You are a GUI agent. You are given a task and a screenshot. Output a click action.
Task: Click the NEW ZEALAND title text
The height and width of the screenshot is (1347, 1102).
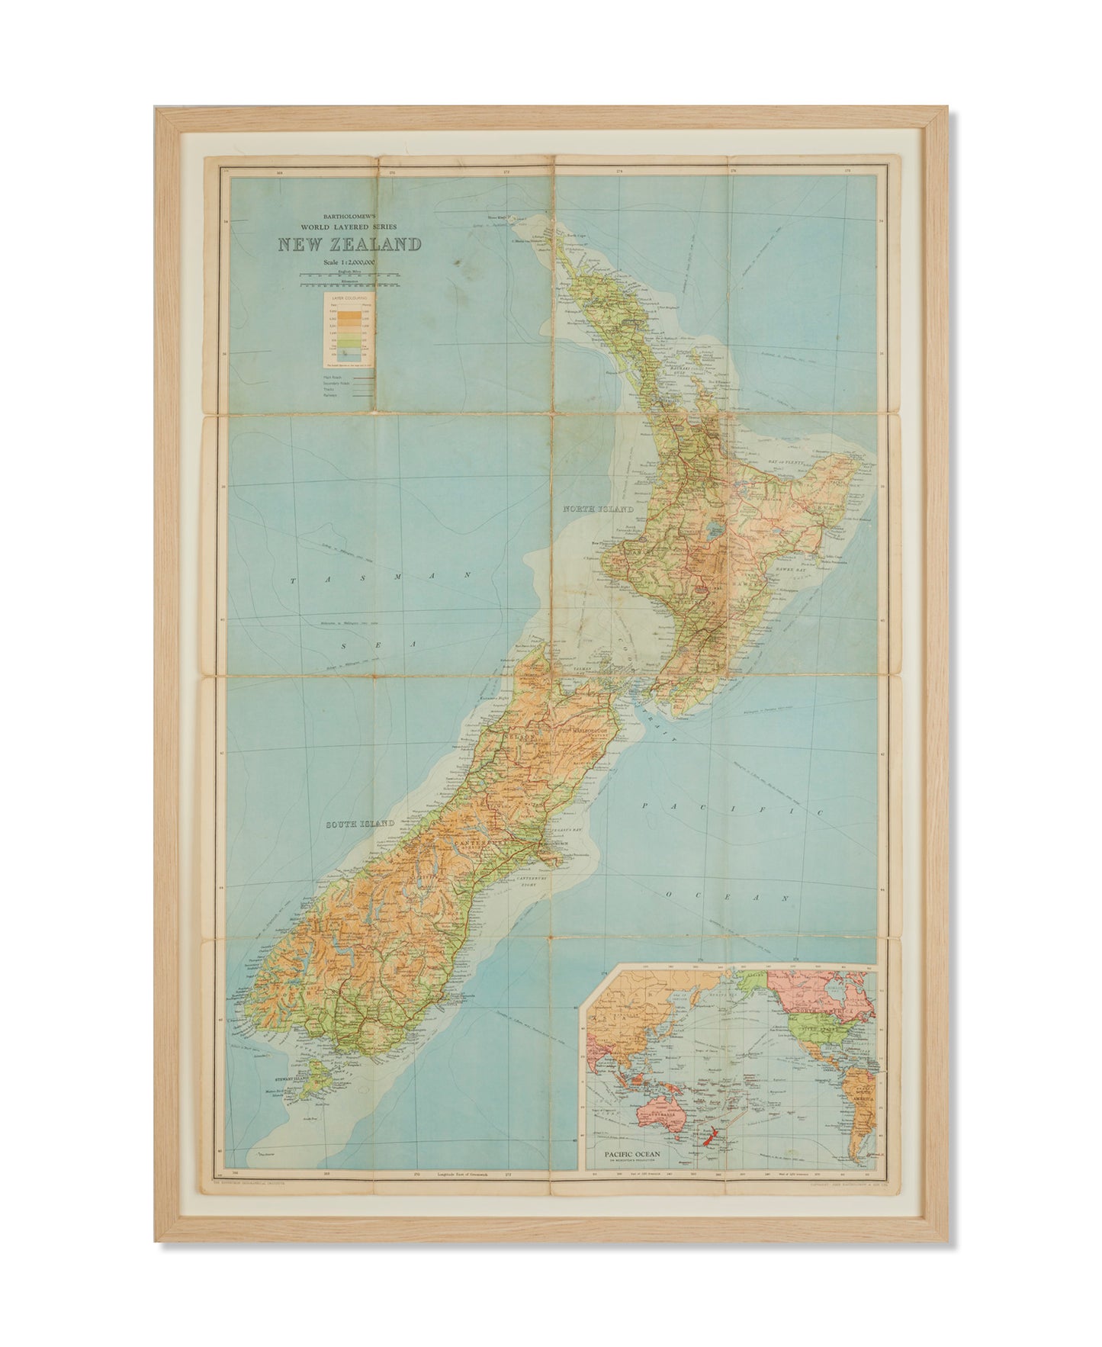pos(349,245)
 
